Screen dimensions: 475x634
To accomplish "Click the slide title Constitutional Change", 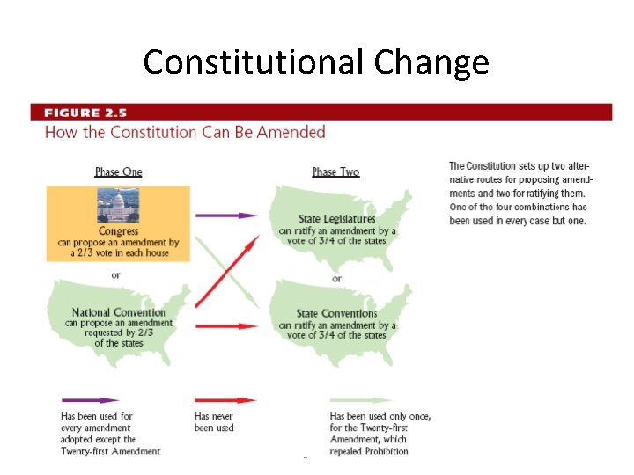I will [316, 62].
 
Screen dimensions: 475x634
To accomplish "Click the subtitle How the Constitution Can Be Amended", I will [185, 132].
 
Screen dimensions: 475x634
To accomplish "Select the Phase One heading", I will [118, 172].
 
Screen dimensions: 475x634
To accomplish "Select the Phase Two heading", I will [335, 172].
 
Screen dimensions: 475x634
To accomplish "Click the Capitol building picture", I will [118, 207].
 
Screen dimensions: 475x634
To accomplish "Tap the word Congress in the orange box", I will [118, 231].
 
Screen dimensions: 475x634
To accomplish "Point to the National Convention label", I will [118, 312].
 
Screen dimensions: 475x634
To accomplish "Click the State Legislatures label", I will [336, 219].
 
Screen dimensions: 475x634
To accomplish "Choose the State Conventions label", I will [336, 313].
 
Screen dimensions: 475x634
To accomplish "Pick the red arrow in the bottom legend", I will [225, 400].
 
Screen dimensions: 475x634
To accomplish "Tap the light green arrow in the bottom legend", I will [361, 400].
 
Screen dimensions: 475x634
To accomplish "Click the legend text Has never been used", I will [214, 421].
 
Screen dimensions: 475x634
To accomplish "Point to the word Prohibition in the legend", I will [381, 451].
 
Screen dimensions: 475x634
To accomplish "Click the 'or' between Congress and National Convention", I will [115, 275].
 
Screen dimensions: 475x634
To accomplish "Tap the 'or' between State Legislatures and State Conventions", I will [336, 278].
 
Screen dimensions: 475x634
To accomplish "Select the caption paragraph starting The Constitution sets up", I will [519, 194].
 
